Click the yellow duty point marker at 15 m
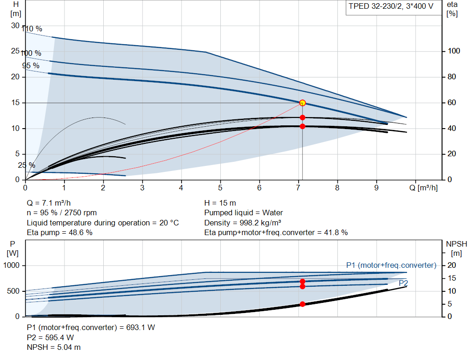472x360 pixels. (302, 103)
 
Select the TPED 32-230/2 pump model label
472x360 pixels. (391, 6)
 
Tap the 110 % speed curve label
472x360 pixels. (32, 29)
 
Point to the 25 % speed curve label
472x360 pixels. (26, 165)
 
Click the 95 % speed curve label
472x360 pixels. (31, 65)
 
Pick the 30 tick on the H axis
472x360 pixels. (15, 26)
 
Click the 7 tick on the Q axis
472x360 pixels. (298, 188)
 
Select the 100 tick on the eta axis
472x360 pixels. (454, 51)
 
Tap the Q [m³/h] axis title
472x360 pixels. (424, 188)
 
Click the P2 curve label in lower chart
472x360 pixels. (403, 283)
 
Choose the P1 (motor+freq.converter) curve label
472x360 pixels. (391, 265)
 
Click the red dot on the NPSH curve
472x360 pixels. (302, 304)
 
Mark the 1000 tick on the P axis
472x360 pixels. (11, 265)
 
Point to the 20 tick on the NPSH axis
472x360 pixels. (452, 265)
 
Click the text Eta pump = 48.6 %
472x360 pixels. (59, 233)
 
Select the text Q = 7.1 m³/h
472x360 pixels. (49, 203)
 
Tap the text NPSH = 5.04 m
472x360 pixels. (53, 348)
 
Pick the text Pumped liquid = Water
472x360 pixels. (243, 213)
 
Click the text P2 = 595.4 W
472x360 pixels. (50, 337)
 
